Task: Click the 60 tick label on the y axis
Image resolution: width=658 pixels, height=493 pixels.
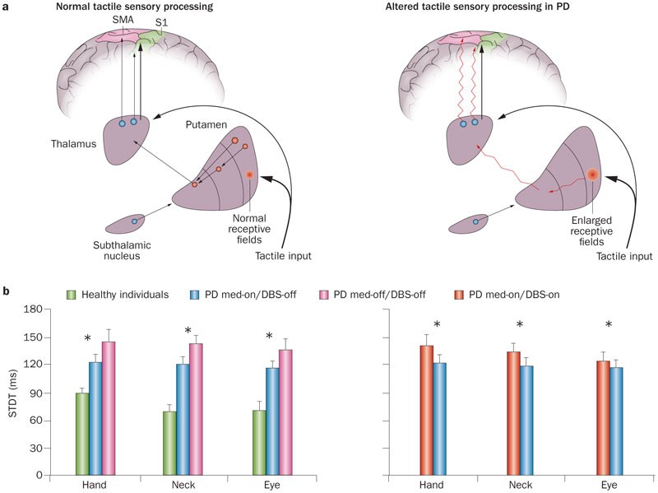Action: click(x=35, y=421)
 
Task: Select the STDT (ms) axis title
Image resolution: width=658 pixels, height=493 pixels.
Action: click(x=12, y=392)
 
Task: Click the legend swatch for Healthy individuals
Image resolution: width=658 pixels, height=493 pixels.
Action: click(x=72, y=294)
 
